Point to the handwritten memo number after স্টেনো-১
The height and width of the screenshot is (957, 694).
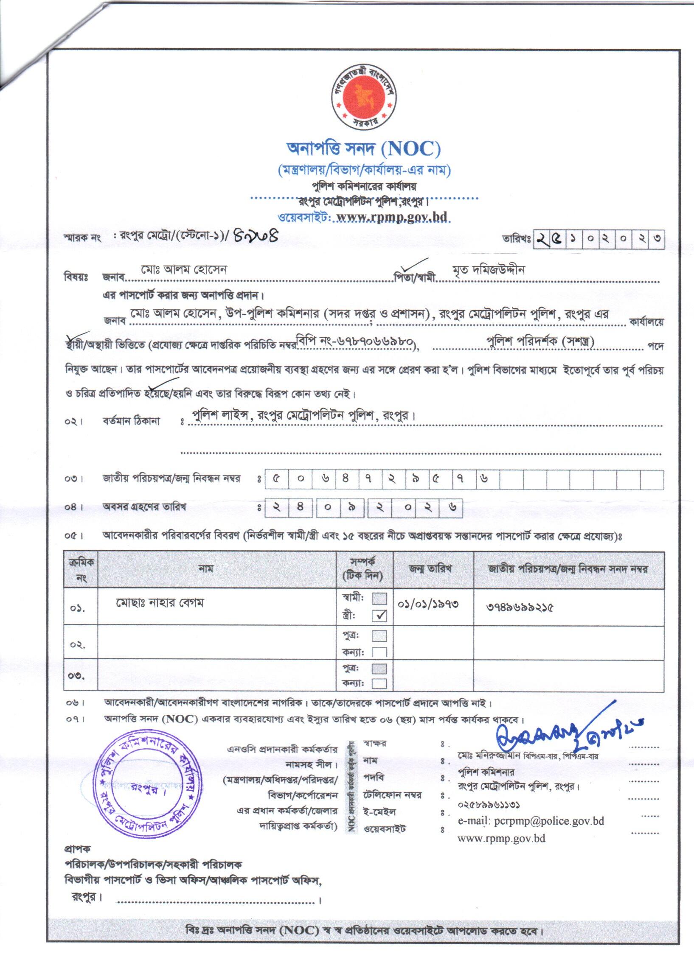pyautogui.click(x=256, y=235)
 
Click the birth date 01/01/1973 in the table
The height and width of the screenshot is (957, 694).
pyautogui.click(x=428, y=604)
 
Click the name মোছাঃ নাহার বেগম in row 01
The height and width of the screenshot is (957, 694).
pyautogui.click(x=160, y=603)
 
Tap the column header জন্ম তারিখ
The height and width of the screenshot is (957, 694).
pyautogui.click(x=430, y=569)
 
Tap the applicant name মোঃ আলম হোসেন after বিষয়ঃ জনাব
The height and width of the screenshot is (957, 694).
pyautogui.click(x=184, y=270)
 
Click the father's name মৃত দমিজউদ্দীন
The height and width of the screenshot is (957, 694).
pyautogui.click(x=489, y=270)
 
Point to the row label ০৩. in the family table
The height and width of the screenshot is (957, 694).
pyautogui.click(x=77, y=676)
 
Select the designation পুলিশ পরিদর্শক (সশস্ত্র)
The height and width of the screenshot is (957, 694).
pyautogui.click(x=540, y=341)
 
